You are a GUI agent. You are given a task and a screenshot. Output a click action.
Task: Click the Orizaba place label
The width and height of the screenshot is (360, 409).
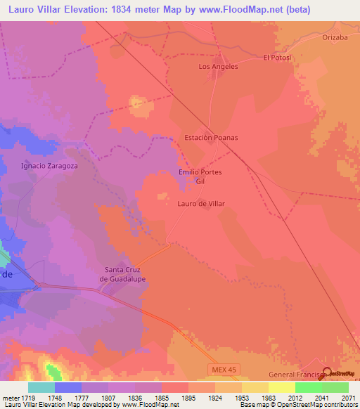(335, 38)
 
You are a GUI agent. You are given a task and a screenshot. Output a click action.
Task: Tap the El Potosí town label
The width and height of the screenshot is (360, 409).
(277, 58)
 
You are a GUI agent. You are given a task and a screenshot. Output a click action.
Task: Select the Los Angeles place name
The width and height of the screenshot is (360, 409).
(219, 67)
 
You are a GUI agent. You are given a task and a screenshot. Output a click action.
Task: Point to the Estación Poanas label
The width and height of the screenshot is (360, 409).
(211, 138)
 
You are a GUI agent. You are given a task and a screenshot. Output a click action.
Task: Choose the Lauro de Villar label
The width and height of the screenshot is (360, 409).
(200, 203)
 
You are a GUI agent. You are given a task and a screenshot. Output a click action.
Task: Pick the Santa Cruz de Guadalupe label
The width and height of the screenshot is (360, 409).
(125, 274)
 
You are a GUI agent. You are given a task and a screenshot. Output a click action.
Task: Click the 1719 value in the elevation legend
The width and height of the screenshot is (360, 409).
(27, 397)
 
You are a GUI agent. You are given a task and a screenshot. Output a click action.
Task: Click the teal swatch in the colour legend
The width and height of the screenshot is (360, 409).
(41, 387)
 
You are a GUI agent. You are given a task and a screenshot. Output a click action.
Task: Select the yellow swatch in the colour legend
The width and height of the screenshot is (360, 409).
(282, 387)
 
